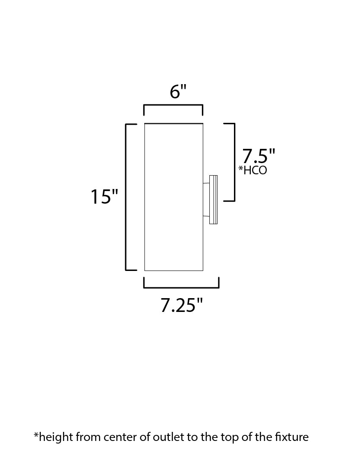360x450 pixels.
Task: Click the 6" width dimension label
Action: click(178, 92)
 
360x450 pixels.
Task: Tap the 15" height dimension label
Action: click(104, 197)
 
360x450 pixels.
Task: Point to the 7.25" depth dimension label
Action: click(181, 305)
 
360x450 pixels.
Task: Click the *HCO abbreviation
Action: click(253, 170)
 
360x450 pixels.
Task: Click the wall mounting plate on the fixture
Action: click(213, 199)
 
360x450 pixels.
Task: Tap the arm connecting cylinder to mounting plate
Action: click(206, 199)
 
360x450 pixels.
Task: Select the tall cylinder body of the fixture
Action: click(174, 197)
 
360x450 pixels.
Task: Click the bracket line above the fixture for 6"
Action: click(174, 105)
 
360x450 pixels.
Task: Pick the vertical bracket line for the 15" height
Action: click(126, 197)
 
